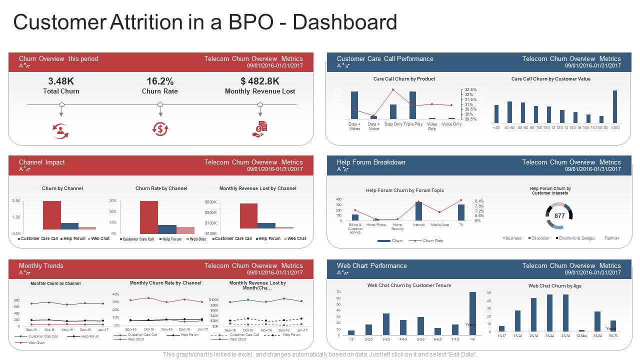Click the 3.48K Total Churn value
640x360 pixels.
pos(61,81)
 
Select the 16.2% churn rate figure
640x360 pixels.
pos(160,81)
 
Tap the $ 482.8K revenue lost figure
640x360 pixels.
pos(260,81)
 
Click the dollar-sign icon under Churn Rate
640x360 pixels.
pos(160,129)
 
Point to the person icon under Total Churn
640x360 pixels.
pos(61,130)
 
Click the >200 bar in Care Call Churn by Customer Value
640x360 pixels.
pos(614,106)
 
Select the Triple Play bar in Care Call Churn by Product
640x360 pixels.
pos(412,105)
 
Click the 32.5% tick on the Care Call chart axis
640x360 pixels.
pos(470,89)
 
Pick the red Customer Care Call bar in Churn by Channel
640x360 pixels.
pos(52,215)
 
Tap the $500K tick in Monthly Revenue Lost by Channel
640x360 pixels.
pos(210,202)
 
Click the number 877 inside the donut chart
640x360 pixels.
pos(559,216)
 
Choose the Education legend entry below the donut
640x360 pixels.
pos(540,238)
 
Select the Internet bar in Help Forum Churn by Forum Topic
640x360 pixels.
pos(418,211)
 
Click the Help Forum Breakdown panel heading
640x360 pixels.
pos(371,162)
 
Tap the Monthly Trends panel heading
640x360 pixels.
pos(41,265)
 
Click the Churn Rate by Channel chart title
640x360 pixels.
pos(161,188)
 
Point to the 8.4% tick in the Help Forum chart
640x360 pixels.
pos(479,201)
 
